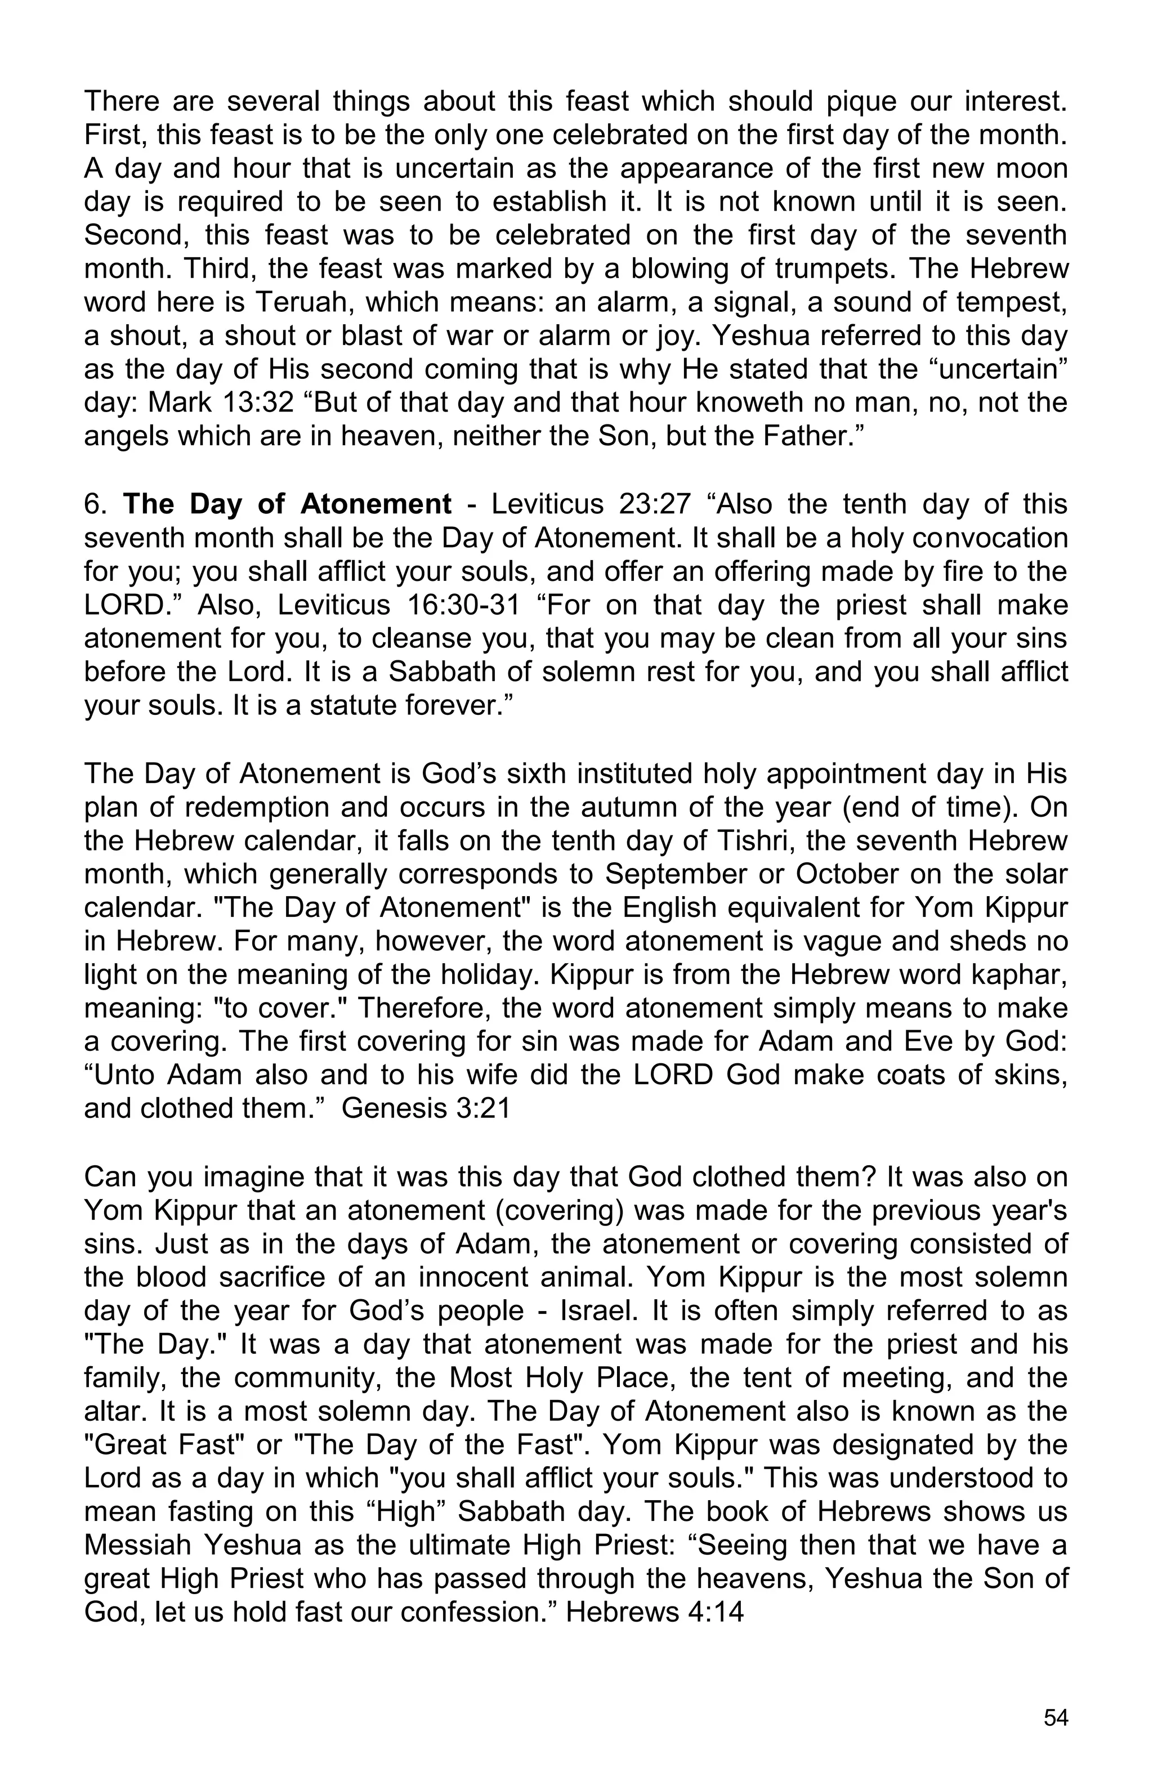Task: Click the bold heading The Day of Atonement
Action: [x=287, y=504]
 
